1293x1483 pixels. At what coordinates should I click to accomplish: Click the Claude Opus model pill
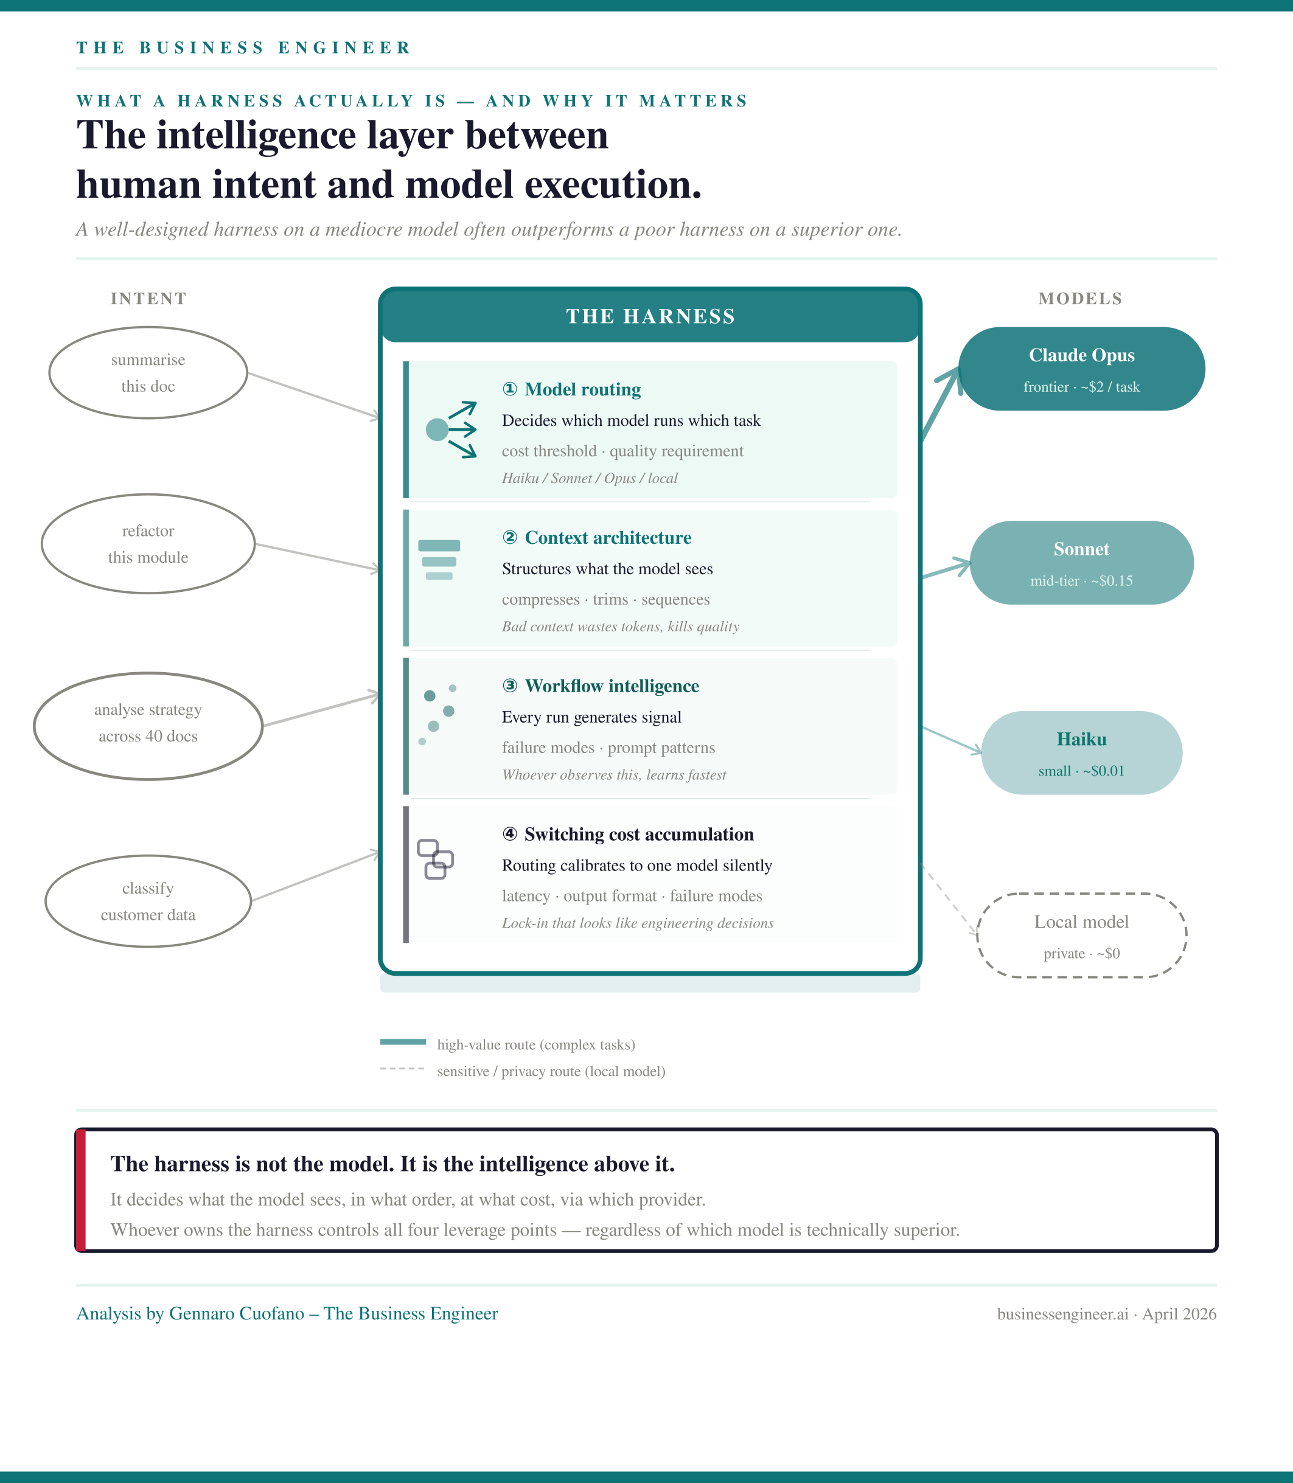click(1082, 369)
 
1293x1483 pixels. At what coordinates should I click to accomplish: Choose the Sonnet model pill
click(1082, 563)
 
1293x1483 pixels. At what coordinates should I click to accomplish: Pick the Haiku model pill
click(1082, 753)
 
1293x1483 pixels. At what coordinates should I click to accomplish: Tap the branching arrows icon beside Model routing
click(451, 430)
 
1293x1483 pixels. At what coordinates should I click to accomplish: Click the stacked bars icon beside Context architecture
click(439, 560)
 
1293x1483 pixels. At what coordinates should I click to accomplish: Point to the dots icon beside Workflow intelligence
click(437, 715)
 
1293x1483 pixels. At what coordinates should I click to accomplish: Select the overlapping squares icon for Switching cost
click(435, 859)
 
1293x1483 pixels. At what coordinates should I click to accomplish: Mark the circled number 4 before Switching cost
click(509, 834)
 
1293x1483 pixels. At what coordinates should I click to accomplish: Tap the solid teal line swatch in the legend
click(403, 1041)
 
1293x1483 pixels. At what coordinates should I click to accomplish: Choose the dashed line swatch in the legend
click(403, 1068)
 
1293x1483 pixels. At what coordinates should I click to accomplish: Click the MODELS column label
click(1080, 299)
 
